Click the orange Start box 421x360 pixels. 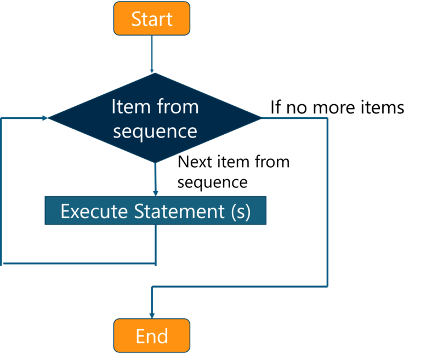152,19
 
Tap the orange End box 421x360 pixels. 152,335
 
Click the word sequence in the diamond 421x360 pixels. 155,132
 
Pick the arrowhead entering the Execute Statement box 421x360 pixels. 156,192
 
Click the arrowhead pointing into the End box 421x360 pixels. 152,315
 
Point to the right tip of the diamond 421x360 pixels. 262,118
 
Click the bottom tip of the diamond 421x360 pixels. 156,163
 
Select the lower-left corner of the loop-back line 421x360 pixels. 3,264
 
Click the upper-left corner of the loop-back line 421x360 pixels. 3,118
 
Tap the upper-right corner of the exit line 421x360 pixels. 327,118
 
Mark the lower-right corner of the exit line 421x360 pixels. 327,286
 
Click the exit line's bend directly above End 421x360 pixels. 152,286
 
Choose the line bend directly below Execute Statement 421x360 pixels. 156,264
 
